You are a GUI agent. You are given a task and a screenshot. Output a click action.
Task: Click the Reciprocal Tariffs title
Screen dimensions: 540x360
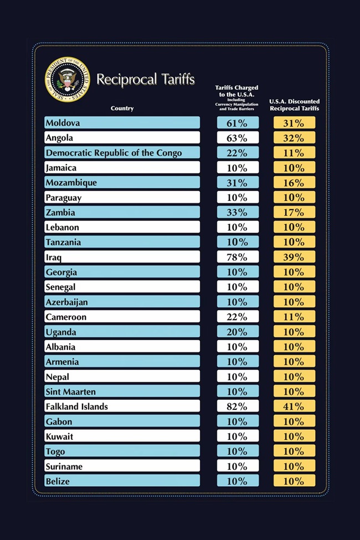pyautogui.click(x=146, y=79)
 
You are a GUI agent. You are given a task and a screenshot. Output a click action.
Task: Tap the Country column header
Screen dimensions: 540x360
pyautogui.click(x=122, y=109)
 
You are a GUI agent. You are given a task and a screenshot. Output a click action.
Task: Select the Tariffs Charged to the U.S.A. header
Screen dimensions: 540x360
pyautogui.click(x=236, y=96)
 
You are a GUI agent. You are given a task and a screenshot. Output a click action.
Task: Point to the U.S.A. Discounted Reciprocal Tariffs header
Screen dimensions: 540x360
pyautogui.click(x=294, y=105)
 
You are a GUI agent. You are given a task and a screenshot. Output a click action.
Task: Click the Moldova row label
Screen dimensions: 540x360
pyautogui.click(x=63, y=123)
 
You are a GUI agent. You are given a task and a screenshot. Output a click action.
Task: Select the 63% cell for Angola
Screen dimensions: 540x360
pyautogui.click(x=238, y=138)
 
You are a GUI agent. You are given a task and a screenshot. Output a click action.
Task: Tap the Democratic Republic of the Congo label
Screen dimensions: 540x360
pyautogui.click(x=114, y=153)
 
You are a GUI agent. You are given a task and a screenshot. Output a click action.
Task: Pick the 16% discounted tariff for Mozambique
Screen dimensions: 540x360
pyautogui.click(x=294, y=183)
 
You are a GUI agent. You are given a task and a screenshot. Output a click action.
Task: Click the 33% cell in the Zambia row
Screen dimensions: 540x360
pyautogui.click(x=238, y=213)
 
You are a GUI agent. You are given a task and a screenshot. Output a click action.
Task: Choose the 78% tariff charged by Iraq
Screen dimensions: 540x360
pyautogui.click(x=238, y=258)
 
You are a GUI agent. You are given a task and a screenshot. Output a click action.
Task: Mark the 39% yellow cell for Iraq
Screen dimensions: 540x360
pyautogui.click(x=294, y=258)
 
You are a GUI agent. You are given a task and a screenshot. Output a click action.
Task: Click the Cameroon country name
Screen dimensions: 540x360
pyautogui.click(x=66, y=317)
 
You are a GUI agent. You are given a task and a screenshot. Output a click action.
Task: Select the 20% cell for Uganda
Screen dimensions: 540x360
pyautogui.click(x=238, y=332)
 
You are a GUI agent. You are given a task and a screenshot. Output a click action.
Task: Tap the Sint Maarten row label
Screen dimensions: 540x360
pyautogui.click(x=70, y=392)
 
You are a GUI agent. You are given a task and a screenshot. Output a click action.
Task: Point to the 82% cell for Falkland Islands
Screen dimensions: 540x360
pyautogui.click(x=238, y=407)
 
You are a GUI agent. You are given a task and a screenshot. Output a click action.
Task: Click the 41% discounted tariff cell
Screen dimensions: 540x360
pyautogui.click(x=294, y=407)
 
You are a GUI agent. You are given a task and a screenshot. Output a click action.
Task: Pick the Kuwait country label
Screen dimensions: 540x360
pyautogui.click(x=59, y=436)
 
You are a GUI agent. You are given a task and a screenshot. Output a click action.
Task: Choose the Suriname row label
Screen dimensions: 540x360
pyautogui.click(x=64, y=466)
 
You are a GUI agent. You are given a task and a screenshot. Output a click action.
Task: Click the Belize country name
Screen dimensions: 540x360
pyautogui.click(x=58, y=481)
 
